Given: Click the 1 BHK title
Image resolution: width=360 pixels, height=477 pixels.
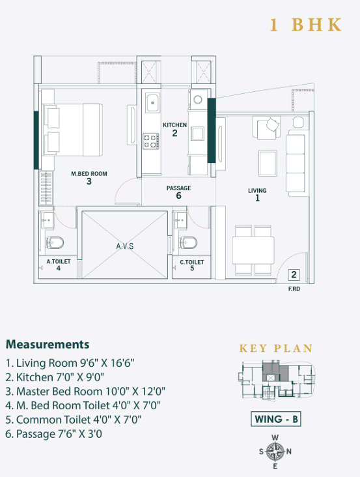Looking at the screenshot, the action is coord(305,25).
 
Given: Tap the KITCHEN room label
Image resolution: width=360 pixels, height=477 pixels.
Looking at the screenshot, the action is coord(174,125).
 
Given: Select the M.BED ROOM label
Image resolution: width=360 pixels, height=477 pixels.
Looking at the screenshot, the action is coord(89,174).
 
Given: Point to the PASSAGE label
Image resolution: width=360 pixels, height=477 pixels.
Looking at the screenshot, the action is coord(178,188).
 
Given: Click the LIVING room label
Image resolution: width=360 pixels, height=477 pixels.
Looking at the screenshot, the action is coord(257,191).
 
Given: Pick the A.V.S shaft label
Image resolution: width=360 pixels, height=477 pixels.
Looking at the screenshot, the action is coord(125,246).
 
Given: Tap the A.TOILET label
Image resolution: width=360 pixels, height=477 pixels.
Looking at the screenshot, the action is coord(59,261).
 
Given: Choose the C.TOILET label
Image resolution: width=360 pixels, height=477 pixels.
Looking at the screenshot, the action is coord(191,262).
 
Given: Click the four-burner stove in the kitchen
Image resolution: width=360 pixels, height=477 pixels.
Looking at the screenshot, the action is coord(151,141).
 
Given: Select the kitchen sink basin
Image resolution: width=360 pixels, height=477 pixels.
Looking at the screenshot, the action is coord(152,103).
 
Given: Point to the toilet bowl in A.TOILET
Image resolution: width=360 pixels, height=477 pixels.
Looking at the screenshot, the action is coord(55,243).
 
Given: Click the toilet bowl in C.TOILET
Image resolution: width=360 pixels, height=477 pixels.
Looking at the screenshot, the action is coord(188,242).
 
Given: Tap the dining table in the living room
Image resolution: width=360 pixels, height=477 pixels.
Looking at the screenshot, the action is coord(253,250).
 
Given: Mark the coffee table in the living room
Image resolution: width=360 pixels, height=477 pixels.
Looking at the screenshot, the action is coord(268,163).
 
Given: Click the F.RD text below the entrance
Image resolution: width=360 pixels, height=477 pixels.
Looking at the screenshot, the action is coord(294,289).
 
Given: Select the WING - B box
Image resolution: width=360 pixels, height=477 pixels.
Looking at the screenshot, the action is coord(276,419).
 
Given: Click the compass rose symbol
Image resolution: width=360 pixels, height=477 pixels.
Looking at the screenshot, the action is coord(275,452).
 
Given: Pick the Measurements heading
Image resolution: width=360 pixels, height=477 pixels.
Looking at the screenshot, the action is coord(48,344).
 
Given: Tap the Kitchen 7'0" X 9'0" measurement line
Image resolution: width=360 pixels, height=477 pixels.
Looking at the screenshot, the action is coord(55,377).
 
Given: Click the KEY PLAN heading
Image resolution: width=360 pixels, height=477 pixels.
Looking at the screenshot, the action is coord(276,349).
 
